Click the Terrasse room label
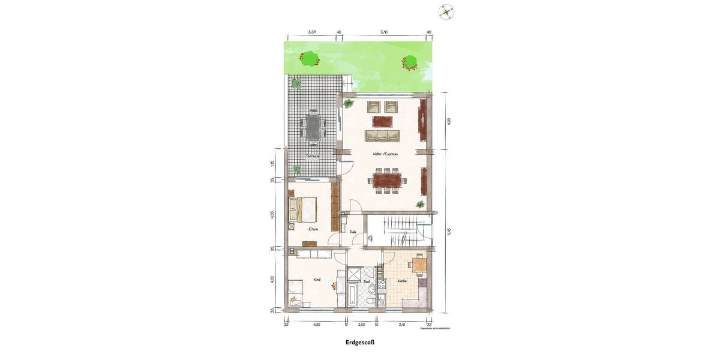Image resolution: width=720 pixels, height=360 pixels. click(313, 156)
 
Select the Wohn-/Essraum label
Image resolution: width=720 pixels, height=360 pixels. click(387, 154)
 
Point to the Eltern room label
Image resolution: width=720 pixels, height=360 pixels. click(313, 229)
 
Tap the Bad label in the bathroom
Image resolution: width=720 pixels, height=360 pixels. click(366, 281)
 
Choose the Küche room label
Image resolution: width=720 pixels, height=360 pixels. click(401, 281)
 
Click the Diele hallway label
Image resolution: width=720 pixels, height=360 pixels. click(353, 231)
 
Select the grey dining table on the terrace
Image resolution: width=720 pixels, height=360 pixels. click(313, 127)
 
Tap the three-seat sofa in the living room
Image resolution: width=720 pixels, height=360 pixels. click(383, 135)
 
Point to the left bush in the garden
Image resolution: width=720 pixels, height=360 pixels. click(309, 58)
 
